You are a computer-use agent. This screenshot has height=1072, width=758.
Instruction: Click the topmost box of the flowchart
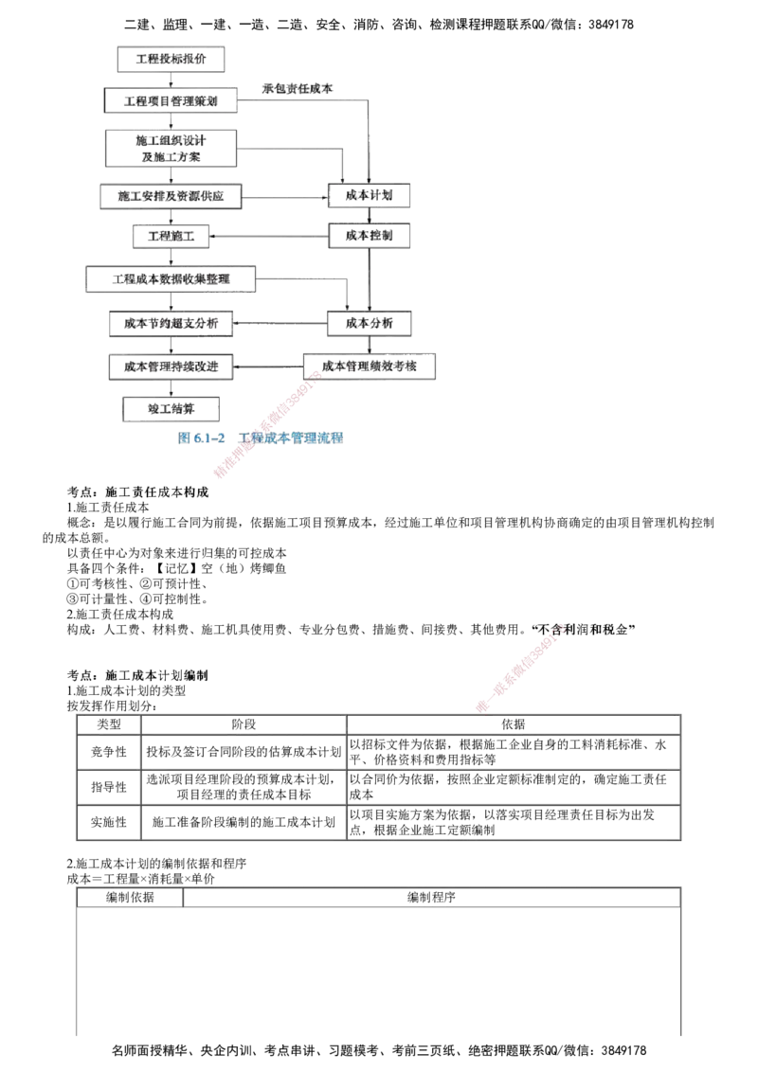pos(171,60)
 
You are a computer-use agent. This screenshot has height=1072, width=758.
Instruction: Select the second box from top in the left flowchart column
pos(171,99)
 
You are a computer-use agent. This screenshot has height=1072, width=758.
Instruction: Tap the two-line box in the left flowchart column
pos(171,150)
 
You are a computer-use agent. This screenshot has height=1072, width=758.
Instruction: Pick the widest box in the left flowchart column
pos(171,279)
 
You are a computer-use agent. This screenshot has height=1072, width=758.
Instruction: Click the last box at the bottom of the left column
pos(171,409)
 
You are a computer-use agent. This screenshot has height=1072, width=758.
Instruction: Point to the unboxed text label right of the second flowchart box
pos(296,89)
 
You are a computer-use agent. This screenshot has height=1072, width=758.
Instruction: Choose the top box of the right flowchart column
pos(370,195)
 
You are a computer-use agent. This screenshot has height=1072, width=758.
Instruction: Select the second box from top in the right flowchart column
pos(370,234)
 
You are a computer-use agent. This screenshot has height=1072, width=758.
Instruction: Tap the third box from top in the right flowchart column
pos(370,325)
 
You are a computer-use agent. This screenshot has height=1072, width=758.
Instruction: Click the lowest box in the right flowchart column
pos(370,366)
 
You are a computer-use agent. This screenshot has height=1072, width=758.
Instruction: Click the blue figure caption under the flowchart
pos(262,438)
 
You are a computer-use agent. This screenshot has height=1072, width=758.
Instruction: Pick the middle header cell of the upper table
pos(244,724)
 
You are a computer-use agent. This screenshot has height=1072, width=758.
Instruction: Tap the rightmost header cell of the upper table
pos(513,724)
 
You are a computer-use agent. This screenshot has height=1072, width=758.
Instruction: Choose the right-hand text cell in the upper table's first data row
pos(513,752)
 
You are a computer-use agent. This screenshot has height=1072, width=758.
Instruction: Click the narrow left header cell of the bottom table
pos(131,897)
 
